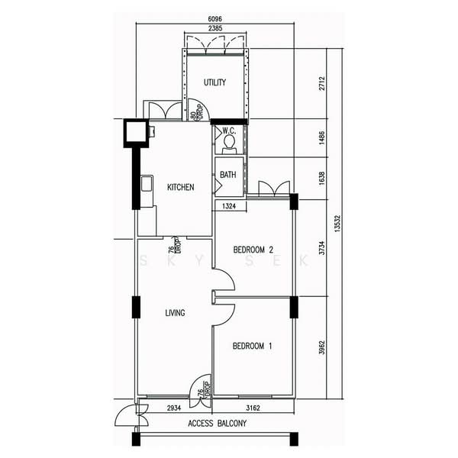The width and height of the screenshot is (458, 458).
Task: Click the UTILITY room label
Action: click(x=214, y=82)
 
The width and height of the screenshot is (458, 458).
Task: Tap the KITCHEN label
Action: click(x=180, y=187)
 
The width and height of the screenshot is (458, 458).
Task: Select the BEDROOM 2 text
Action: click(x=253, y=250)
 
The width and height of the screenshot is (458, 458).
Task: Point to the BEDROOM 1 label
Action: click(x=253, y=346)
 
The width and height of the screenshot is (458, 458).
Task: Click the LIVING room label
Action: click(x=176, y=313)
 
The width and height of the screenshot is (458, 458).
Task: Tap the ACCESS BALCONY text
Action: click(x=218, y=423)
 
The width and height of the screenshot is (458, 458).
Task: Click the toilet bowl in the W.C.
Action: click(x=229, y=142)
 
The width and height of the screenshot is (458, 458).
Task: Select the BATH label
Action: click(x=227, y=175)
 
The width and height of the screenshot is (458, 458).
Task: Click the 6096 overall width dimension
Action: click(x=215, y=19)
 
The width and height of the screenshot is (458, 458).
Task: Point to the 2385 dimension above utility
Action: click(x=215, y=28)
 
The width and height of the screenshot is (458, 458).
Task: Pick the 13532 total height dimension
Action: click(x=337, y=224)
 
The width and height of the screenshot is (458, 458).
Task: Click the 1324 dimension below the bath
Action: click(x=229, y=206)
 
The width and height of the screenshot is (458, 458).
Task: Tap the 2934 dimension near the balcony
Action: click(x=174, y=408)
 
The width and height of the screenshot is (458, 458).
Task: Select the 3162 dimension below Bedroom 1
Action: click(x=253, y=408)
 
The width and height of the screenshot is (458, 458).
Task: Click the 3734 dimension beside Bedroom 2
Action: click(x=321, y=247)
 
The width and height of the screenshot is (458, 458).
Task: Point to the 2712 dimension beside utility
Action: click(x=321, y=83)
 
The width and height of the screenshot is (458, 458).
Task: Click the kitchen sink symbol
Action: click(x=147, y=183)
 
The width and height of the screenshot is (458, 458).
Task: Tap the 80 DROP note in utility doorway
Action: click(x=197, y=112)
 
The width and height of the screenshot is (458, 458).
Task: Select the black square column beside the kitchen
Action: click(x=135, y=133)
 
